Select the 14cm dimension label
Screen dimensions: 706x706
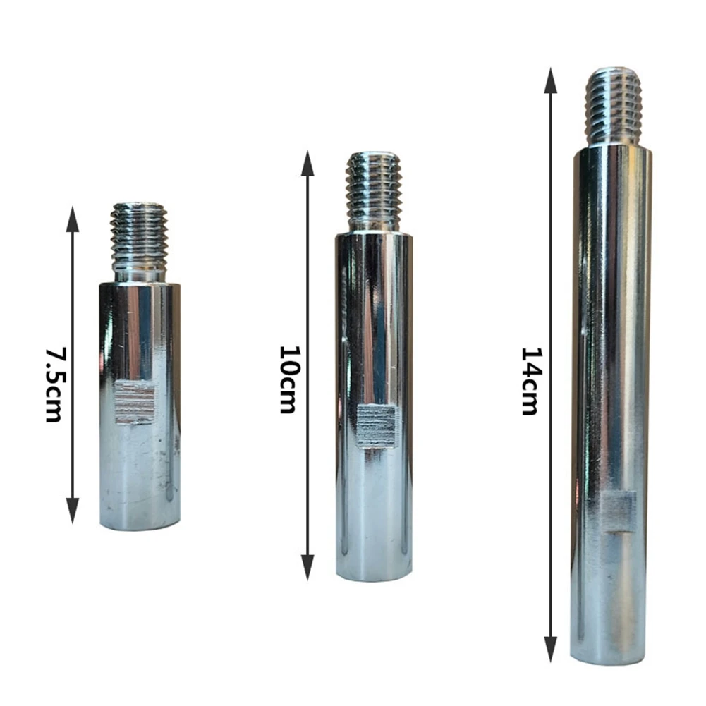coord(530,381)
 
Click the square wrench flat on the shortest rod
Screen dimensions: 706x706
coord(134,402)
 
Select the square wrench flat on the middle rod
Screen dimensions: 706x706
coord(379,425)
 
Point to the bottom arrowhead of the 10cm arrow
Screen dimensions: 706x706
coord(308,567)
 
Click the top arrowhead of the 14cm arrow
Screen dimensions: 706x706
coord(551,80)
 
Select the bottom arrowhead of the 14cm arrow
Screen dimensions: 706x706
coord(551,650)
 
